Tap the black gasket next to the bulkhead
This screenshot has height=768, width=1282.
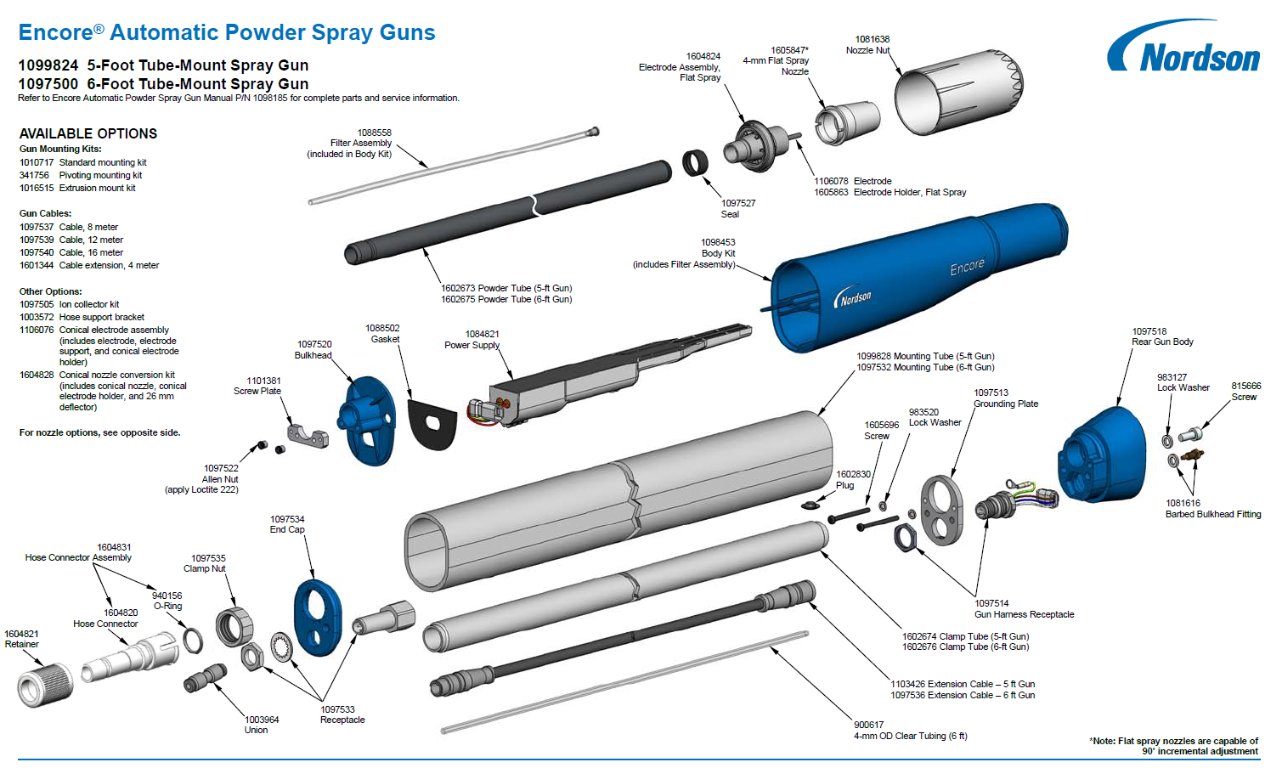click(432, 422)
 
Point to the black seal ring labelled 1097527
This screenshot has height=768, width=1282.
click(696, 162)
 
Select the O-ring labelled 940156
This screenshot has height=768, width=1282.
click(193, 640)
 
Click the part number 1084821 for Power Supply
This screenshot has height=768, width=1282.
click(482, 334)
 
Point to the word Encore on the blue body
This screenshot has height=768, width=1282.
click(967, 267)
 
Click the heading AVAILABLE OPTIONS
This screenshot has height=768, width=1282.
click(88, 133)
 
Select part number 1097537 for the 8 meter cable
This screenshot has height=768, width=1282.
click(37, 227)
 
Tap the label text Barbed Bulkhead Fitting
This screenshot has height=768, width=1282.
click(1212, 514)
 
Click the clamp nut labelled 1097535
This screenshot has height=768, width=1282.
click(234, 626)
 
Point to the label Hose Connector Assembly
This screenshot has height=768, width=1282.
click(78, 557)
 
